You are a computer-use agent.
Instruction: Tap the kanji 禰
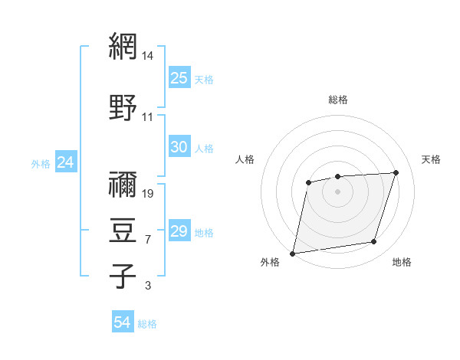123,185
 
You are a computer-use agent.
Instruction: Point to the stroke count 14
148,57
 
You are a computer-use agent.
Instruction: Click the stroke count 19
148,193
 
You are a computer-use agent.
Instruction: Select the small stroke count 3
147,286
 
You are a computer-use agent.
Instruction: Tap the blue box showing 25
179,78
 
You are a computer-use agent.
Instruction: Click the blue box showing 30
179,147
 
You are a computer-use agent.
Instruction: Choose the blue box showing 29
179,231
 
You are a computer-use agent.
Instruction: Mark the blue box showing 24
65,162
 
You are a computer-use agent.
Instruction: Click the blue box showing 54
123,323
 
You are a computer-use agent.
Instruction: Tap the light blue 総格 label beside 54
147,324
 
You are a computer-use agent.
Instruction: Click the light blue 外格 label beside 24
41,163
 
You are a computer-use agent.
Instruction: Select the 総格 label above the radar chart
337,100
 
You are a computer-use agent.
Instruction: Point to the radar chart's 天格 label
431,159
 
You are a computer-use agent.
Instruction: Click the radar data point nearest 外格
293,253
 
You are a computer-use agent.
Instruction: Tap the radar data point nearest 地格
374,242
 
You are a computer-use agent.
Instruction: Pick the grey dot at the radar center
337,191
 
